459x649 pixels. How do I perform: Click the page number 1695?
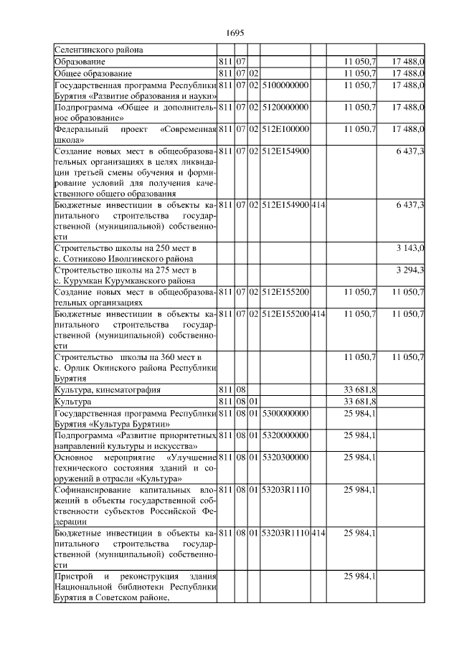[235, 33]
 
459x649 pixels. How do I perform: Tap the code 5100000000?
[285, 85]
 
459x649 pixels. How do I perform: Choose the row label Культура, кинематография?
[108, 390]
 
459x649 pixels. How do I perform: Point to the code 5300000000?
[285, 413]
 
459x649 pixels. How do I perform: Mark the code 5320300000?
[285, 458]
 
